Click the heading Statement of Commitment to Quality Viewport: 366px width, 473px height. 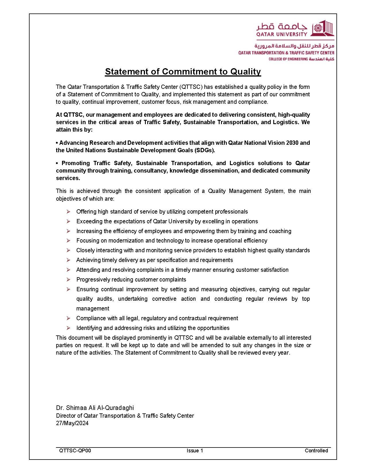pyautogui.click(x=183, y=71)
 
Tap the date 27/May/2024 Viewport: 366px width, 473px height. pyautogui.click(x=72, y=423)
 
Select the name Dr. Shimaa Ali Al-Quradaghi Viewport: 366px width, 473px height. pyautogui.click(x=95, y=408)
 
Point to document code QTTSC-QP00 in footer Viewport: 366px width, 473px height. pyautogui.click(x=75, y=450)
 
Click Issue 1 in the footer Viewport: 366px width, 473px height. pyautogui.click(x=195, y=450)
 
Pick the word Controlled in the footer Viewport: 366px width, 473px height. pyautogui.click(x=316, y=450)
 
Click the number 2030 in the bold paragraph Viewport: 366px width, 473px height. pyautogui.click(x=292, y=143)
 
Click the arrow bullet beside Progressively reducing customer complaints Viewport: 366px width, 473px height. pyautogui.click(x=68, y=279)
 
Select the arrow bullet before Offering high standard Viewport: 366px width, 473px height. pyautogui.click(x=68, y=212)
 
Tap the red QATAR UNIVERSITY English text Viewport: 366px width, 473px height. pyautogui.click(x=282, y=34)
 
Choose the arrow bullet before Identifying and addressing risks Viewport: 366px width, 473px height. pyautogui.click(x=68, y=328)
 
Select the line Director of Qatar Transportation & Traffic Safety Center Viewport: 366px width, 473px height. pyautogui.click(x=125, y=416)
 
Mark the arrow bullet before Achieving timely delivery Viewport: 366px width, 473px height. pyautogui.click(x=68, y=260)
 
